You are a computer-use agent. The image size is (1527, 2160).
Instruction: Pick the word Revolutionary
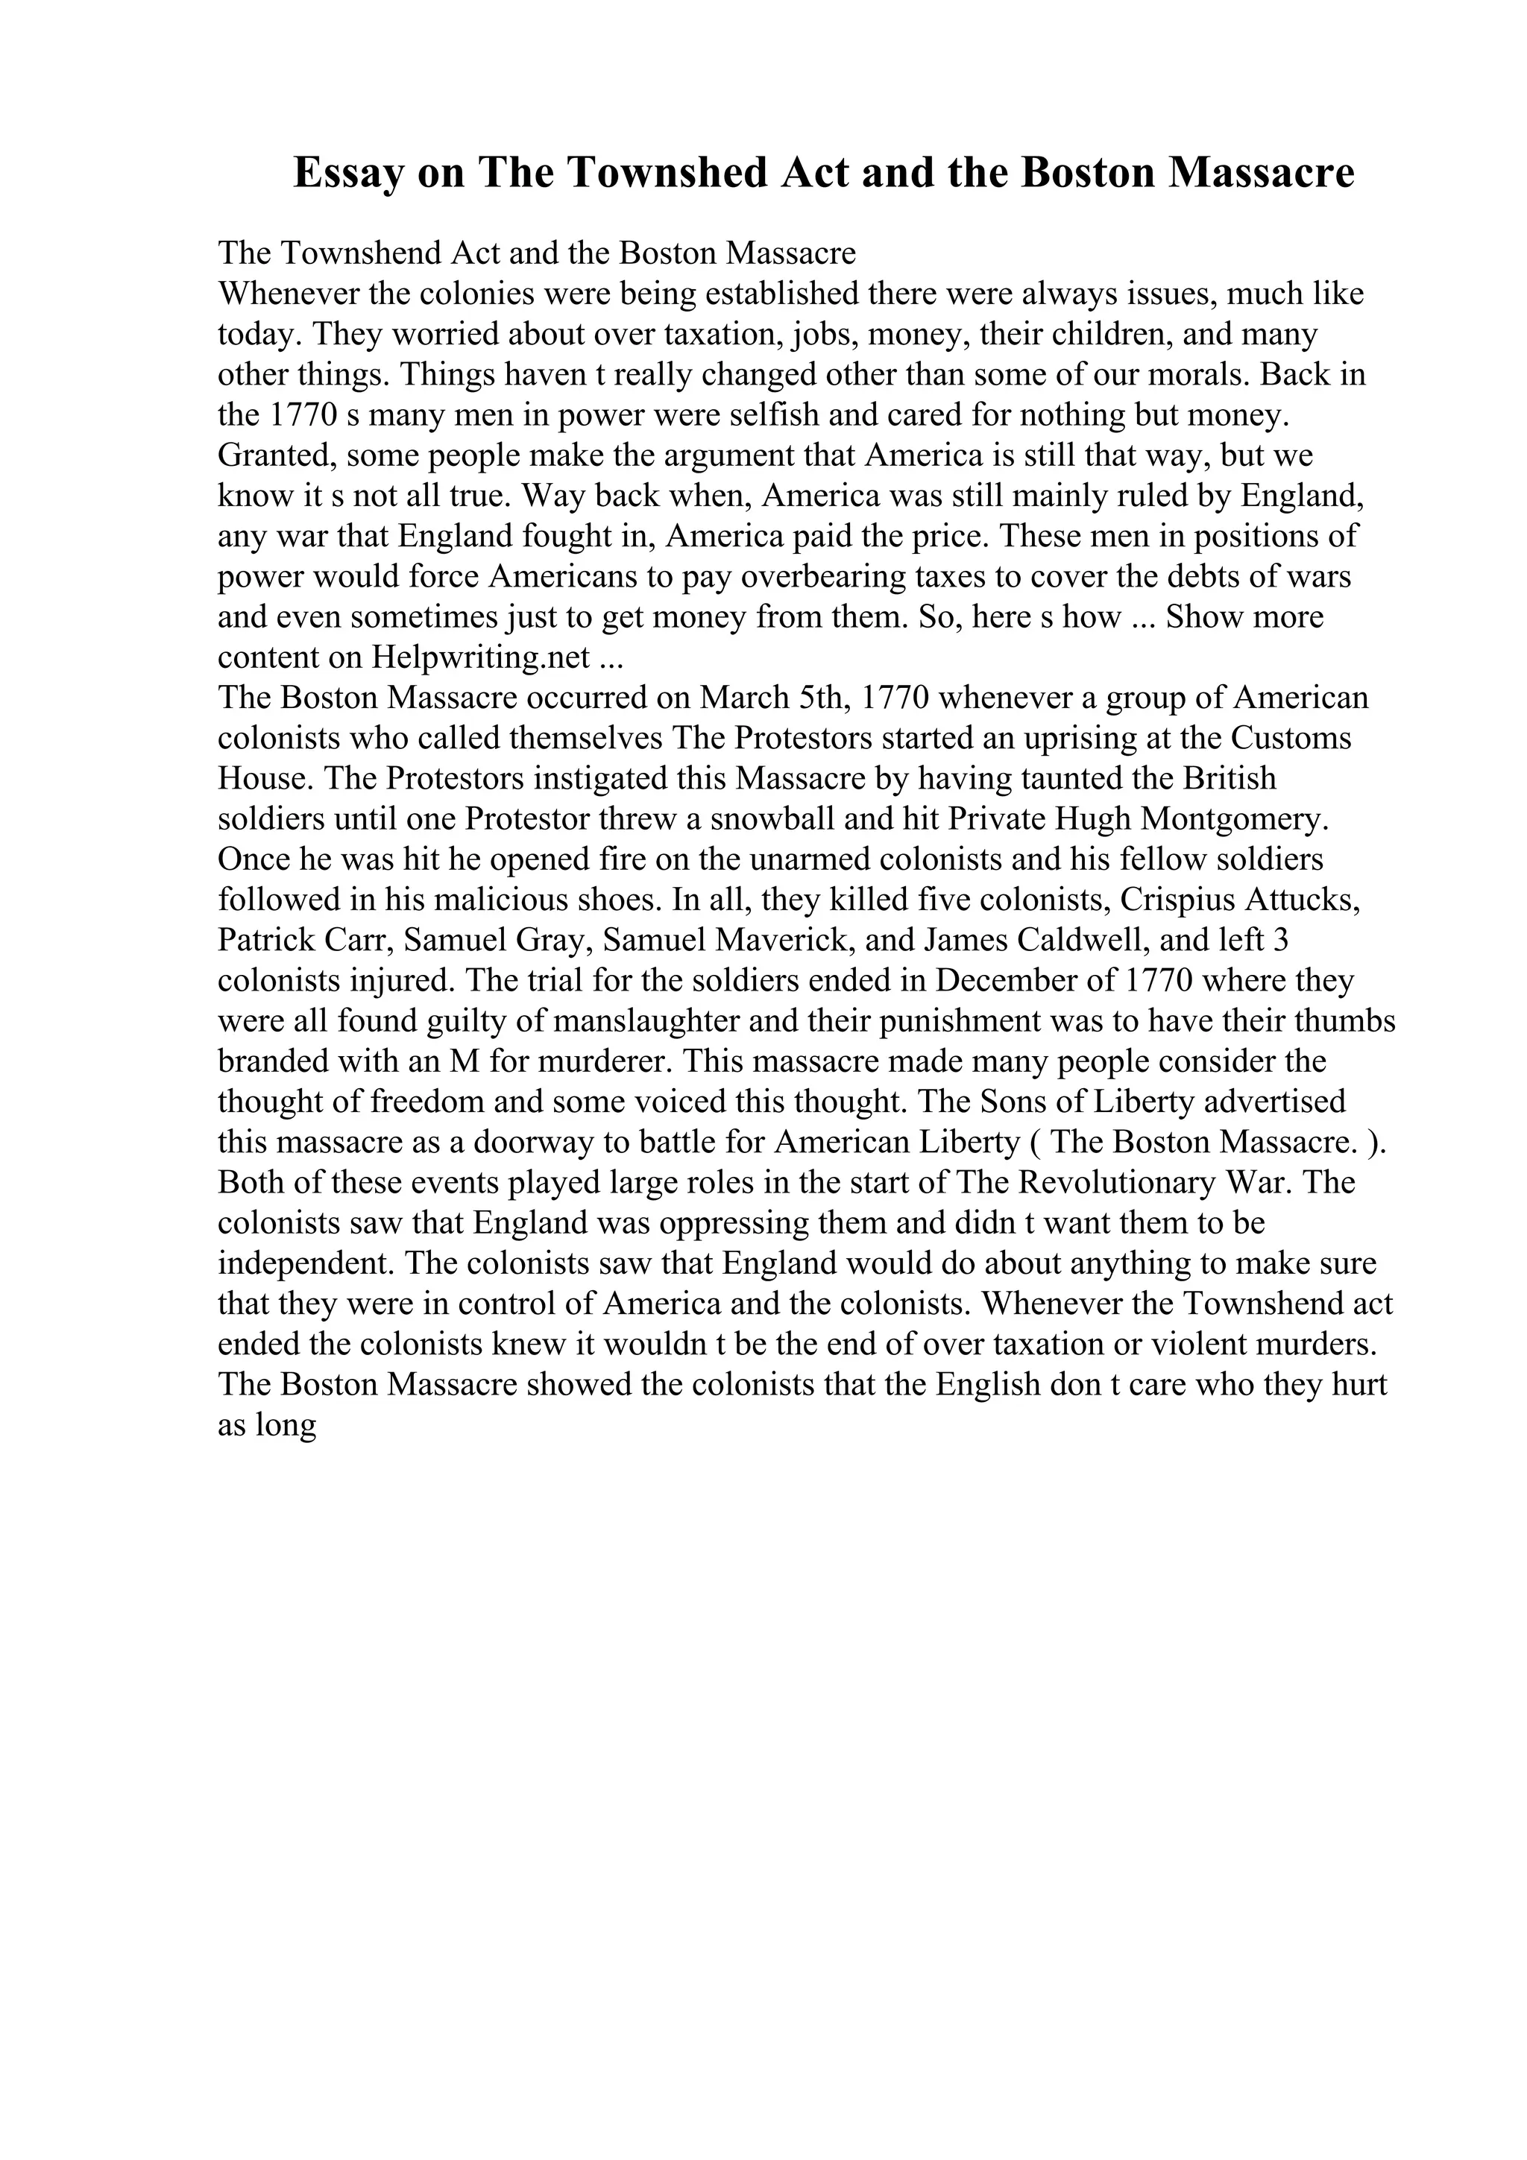(x=1110, y=1181)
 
